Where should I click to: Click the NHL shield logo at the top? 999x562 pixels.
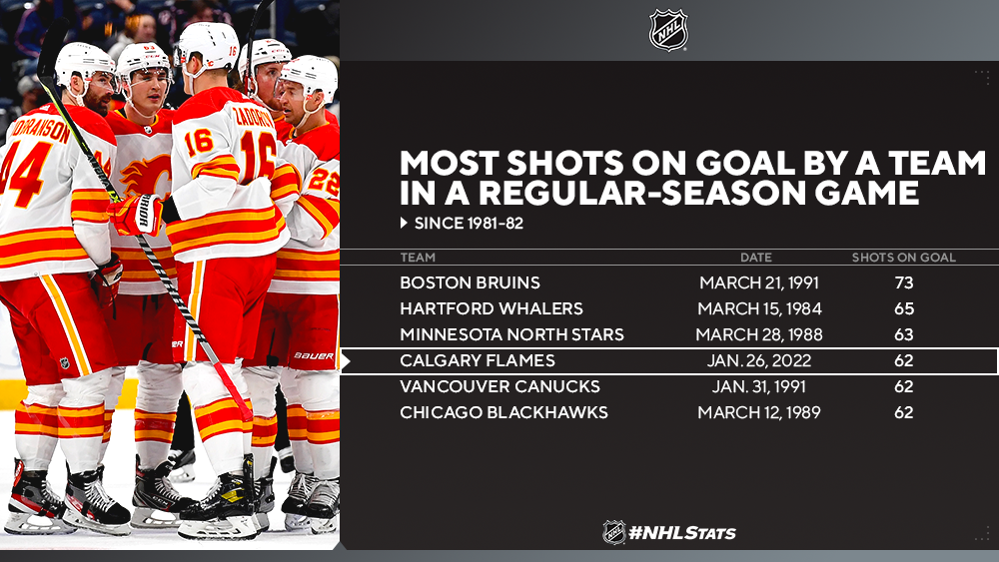click(x=668, y=29)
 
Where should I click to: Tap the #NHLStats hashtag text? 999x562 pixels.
click(x=681, y=532)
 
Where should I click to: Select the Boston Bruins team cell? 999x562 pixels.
click(x=471, y=282)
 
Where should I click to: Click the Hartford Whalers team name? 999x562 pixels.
click(x=492, y=308)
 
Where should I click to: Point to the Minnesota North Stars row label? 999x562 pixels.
click(x=512, y=334)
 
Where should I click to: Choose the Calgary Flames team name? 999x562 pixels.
click(x=478, y=361)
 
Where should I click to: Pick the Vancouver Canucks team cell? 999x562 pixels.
click(x=500, y=386)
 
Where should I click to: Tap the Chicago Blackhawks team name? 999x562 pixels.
click(x=503, y=412)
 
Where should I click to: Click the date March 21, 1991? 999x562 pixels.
click(x=759, y=282)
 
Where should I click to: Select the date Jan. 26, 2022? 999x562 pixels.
click(x=759, y=361)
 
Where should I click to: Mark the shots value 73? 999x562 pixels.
click(x=904, y=282)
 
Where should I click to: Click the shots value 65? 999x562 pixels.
click(x=904, y=308)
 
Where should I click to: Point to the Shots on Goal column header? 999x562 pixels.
click(x=904, y=258)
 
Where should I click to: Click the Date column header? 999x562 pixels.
click(x=756, y=258)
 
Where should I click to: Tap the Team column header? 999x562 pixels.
click(x=418, y=258)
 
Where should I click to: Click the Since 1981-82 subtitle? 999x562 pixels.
click(x=469, y=223)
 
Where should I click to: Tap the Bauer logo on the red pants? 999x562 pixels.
click(x=314, y=355)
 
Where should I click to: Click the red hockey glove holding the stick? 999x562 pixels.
click(x=136, y=215)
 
